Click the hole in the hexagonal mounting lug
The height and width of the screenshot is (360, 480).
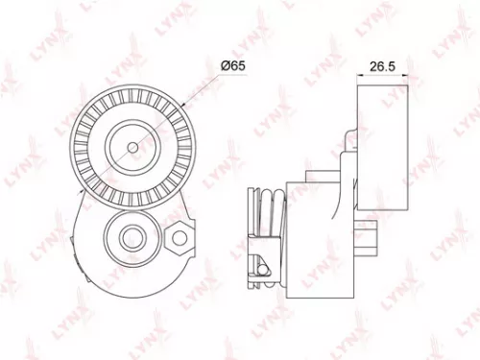point(177,234)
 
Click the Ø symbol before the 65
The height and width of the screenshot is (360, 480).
point(224,63)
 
